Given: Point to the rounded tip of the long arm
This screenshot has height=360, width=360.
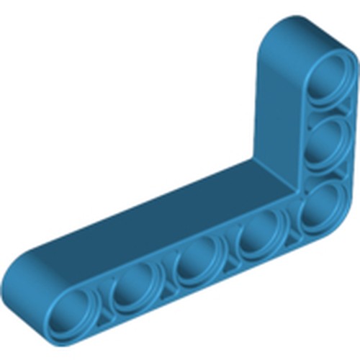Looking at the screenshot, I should pos(22,288).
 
